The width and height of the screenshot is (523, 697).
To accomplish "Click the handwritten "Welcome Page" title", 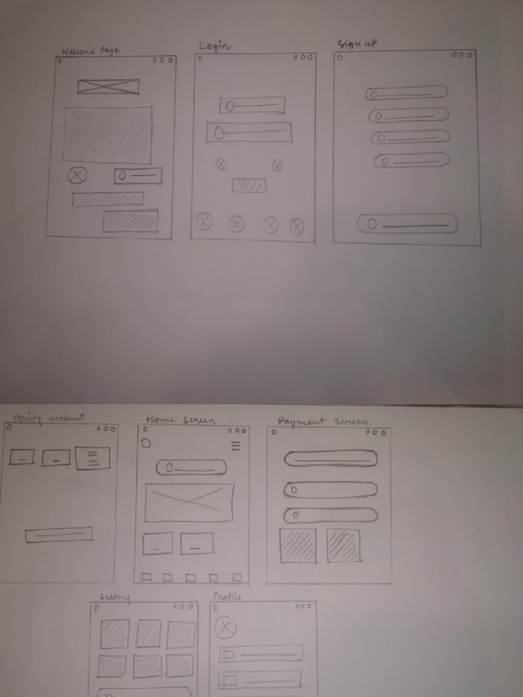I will (90, 51).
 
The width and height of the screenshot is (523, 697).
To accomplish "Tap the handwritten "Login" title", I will (215, 46).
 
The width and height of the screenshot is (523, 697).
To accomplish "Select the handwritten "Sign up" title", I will (357, 44).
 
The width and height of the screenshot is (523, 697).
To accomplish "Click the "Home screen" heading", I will (180, 420).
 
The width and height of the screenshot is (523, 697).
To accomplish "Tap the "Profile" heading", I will (227, 596).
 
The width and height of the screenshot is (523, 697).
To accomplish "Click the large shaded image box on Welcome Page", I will (108, 135).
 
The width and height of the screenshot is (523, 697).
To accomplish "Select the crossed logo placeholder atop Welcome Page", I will (108, 86).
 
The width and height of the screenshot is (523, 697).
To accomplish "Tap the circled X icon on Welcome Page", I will (77, 176).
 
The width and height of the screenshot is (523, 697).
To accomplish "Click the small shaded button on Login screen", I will (249, 185).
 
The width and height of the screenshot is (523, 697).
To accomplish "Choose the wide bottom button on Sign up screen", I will (407, 223).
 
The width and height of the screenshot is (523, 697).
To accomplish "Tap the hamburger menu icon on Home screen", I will (236, 446).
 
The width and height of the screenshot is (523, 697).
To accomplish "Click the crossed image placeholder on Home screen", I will (189, 502).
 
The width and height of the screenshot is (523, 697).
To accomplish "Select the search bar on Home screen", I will (191, 467).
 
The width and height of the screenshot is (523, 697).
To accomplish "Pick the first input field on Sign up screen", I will (407, 93).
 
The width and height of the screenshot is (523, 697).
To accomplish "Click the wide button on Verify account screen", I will (59, 535).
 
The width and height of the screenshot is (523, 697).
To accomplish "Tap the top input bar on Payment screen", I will (331, 459).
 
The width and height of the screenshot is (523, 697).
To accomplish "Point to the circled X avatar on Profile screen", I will (225, 627).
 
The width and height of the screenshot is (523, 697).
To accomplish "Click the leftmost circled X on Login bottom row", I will (204, 221).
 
